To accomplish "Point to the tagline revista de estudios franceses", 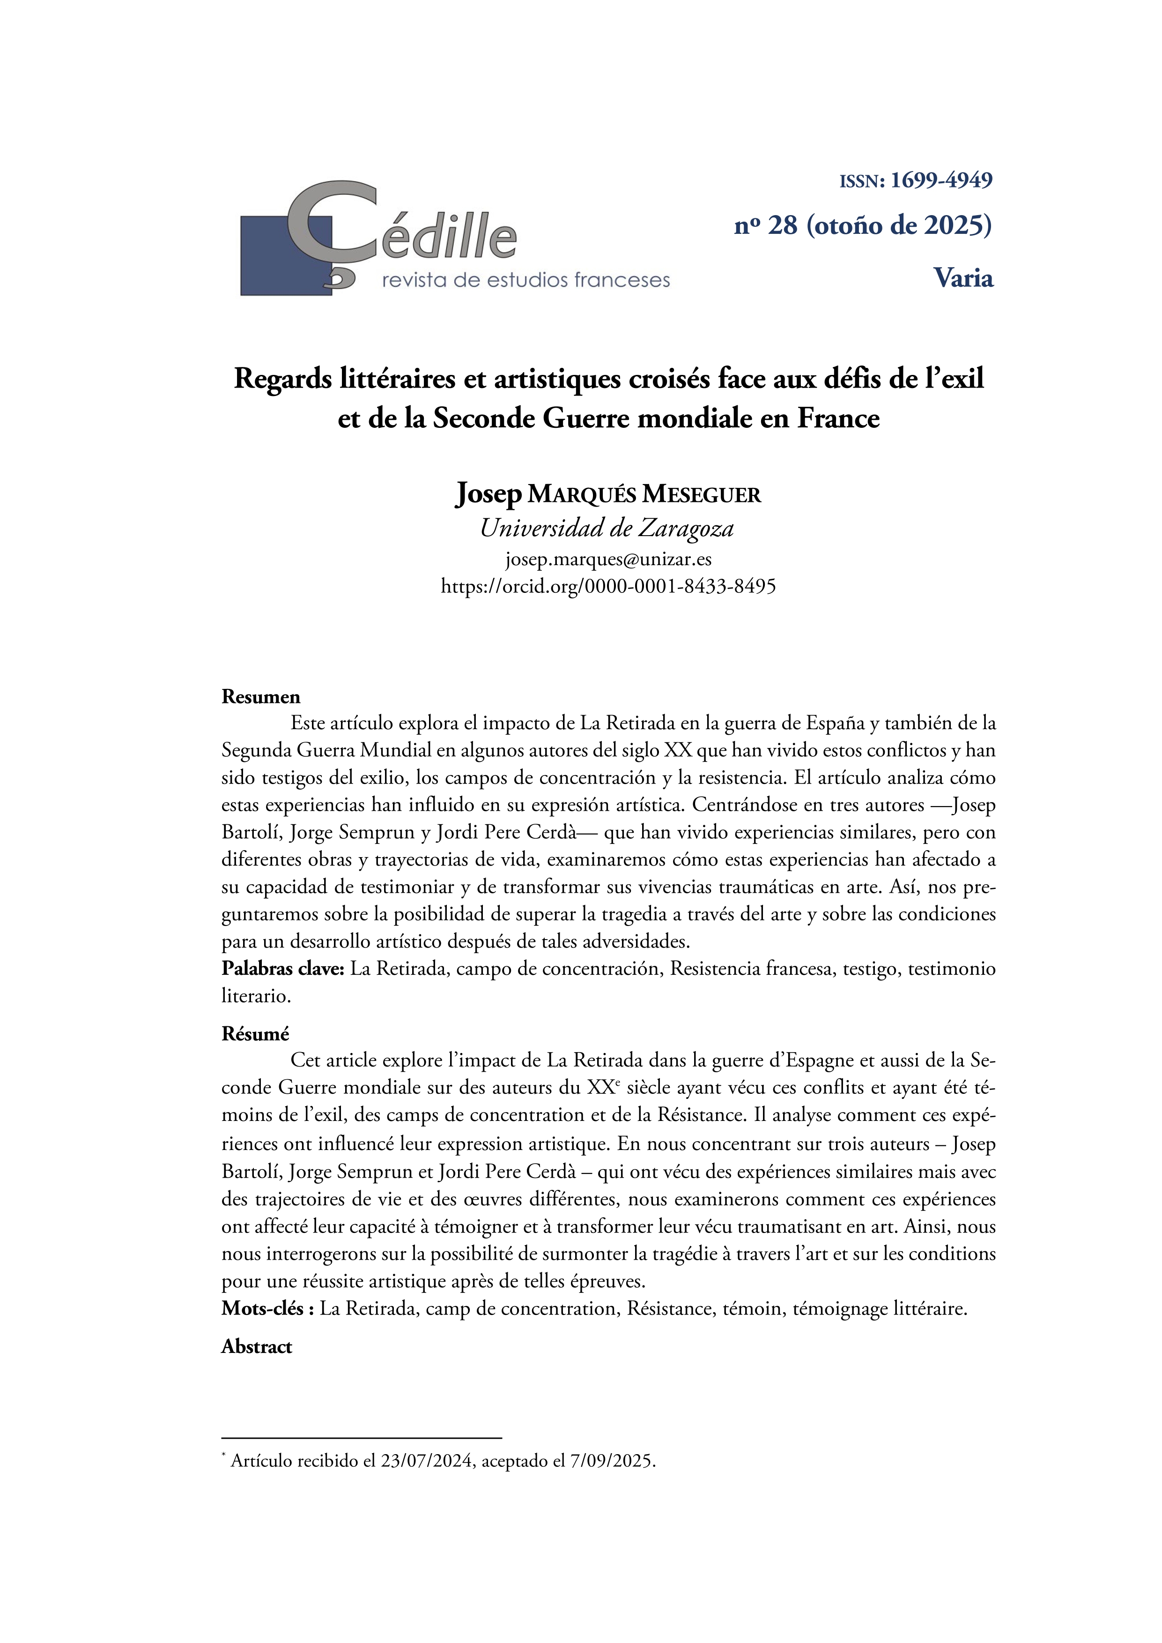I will click(x=526, y=280).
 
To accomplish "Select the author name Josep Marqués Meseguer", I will click(x=608, y=494).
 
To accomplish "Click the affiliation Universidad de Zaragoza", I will click(x=607, y=528).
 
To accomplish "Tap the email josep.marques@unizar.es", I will click(x=608, y=559).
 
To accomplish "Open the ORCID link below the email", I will click(x=608, y=586).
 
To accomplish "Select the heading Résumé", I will click(x=255, y=1034).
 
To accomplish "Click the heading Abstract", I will click(x=256, y=1347).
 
